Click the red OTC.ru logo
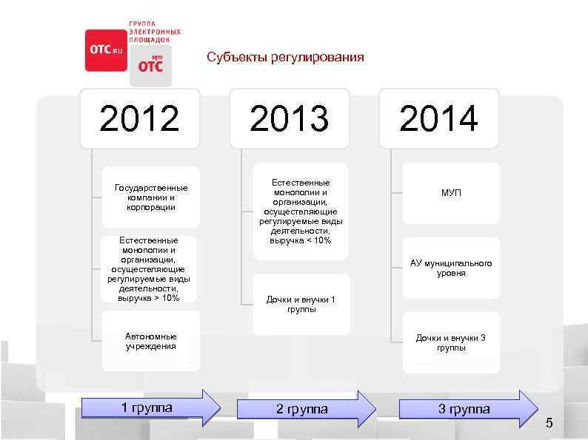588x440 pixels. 106,50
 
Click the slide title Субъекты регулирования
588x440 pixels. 285,57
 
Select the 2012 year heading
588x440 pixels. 139,118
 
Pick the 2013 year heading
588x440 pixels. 290,118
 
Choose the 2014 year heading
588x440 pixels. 439,118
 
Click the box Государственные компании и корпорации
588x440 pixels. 151,197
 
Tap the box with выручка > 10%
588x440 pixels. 149,269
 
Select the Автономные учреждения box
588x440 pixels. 151,341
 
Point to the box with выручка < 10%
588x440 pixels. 301,211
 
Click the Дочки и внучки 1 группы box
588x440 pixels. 301,304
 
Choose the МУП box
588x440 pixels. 451,193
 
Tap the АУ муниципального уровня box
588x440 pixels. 451,268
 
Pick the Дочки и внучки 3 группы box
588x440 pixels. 451,342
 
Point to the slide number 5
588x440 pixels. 549,423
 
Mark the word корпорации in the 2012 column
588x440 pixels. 151,208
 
